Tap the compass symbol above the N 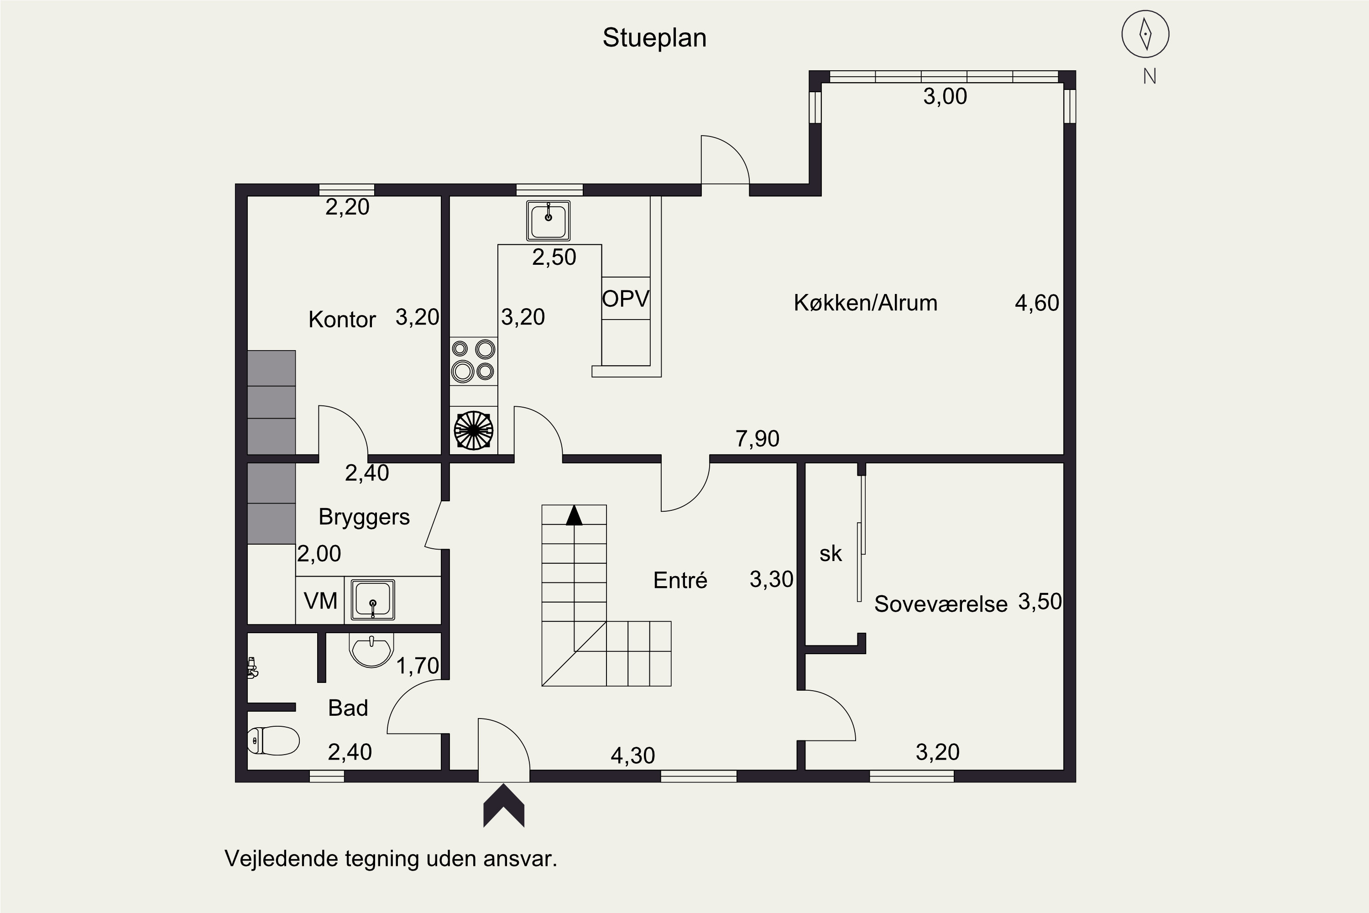(x=1145, y=34)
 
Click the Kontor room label (x=342, y=320)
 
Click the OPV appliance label (x=626, y=299)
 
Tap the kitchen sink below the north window (x=548, y=220)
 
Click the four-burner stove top (x=473, y=361)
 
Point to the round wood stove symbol (x=473, y=430)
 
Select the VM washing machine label (x=320, y=600)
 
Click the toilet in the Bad (x=273, y=740)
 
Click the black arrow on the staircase (x=574, y=515)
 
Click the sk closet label (x=831, y=554)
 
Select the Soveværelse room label (x=940, y=604)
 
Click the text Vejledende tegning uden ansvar (x=391, y=858)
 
